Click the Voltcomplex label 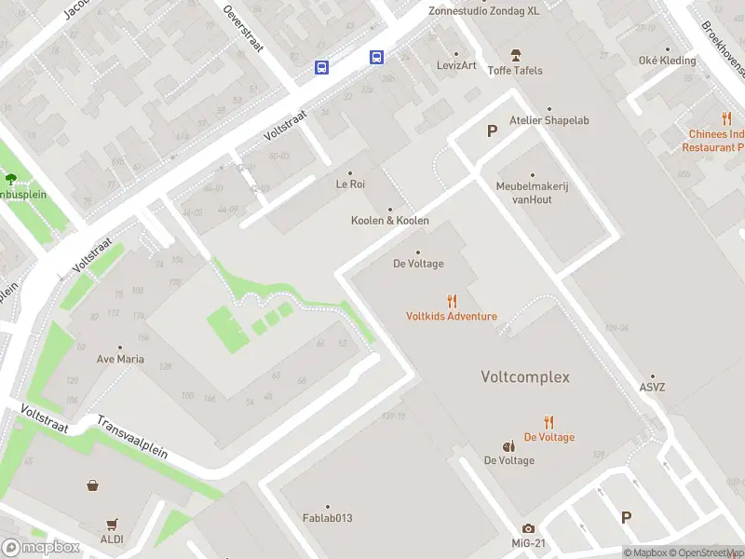point(524,377)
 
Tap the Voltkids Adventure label point(452,316)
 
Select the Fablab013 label point(327,518)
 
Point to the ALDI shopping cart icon point(113,524)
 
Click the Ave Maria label point(121,358)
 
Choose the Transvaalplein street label point(131,436)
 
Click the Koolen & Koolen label point(389,221)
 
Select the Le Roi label point(350,184)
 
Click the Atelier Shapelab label point(549,120)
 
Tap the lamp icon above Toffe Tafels point(516,55)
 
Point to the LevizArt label point(456,65)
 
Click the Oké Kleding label point(667,61)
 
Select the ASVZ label point(653,388)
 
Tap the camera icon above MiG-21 point(529,528)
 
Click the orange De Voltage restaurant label point(549,437)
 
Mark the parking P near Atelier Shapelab point(492,131)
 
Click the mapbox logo point(41,548)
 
